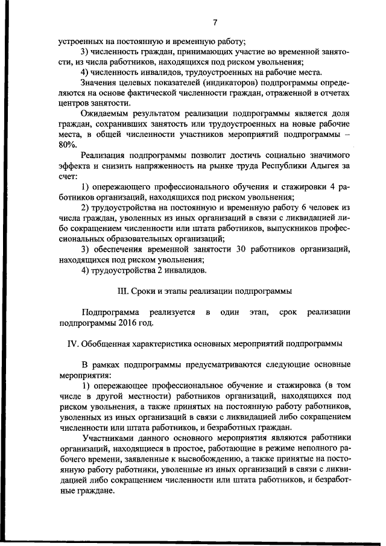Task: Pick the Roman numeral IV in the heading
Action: [69, 343]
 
